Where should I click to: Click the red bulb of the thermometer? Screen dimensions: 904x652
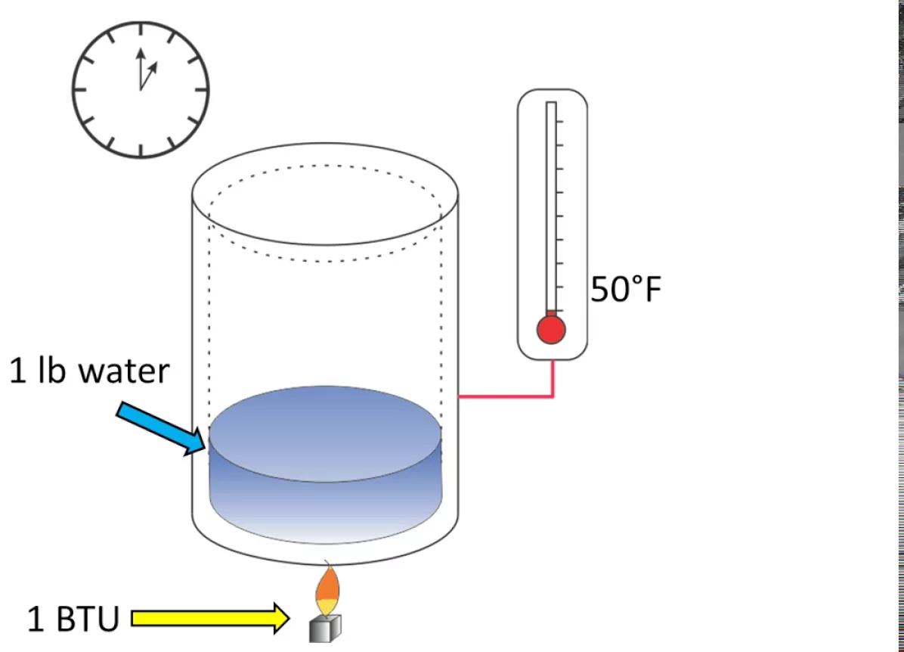coord(551,330)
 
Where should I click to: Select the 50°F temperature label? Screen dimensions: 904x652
coord(626,289)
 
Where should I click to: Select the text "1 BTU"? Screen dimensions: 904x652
coord(73,619)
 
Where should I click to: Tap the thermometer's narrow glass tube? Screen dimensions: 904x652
coord(551,204)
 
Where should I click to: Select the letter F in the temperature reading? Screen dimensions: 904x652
coord(652,289)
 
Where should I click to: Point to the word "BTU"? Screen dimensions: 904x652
coord(88,619)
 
